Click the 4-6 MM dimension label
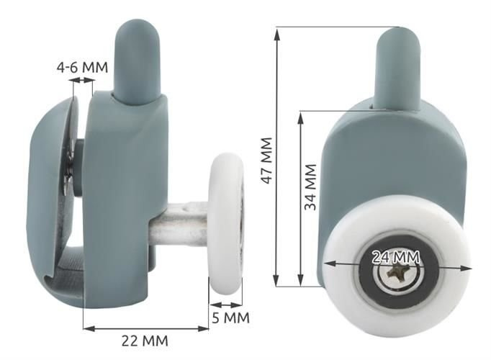pyautogui.click(x=82, y=67)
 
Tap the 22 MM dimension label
pyautogui.click(x=145, y=341)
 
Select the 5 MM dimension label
pyautogui.click(x=231, y=318)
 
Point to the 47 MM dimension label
pyautogui.click(x=267, y=161)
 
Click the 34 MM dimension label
pyautogui.click(x=310, y=187)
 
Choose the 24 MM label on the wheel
pyautogui.click(x=396, y=257)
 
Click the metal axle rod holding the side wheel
pyautogui.click(x=179, y=224)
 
